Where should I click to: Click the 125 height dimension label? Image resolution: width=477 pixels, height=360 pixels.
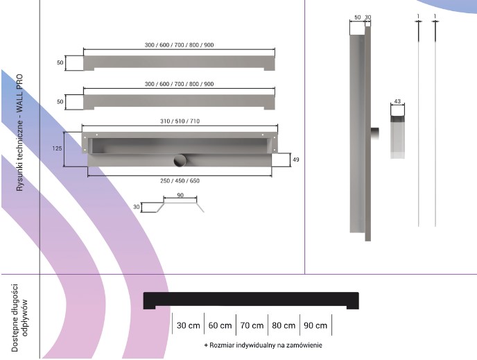coord(57,148)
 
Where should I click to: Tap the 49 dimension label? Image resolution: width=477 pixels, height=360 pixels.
coord(295,160)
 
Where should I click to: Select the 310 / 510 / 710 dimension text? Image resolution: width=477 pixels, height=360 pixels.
coord(180,121)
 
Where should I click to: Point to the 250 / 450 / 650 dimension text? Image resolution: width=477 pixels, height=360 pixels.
coord(180,181)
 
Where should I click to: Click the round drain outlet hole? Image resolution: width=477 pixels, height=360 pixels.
coord(180,160)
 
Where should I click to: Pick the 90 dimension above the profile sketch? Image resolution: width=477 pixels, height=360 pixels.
coord(180,195)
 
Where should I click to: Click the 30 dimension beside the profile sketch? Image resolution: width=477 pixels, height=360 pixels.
coord(137,207)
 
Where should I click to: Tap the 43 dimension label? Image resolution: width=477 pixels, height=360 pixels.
coord(397,101)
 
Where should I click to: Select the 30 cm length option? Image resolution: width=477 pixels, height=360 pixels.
coord(189,325)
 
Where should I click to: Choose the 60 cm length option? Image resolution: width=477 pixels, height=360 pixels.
coord(220,325)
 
